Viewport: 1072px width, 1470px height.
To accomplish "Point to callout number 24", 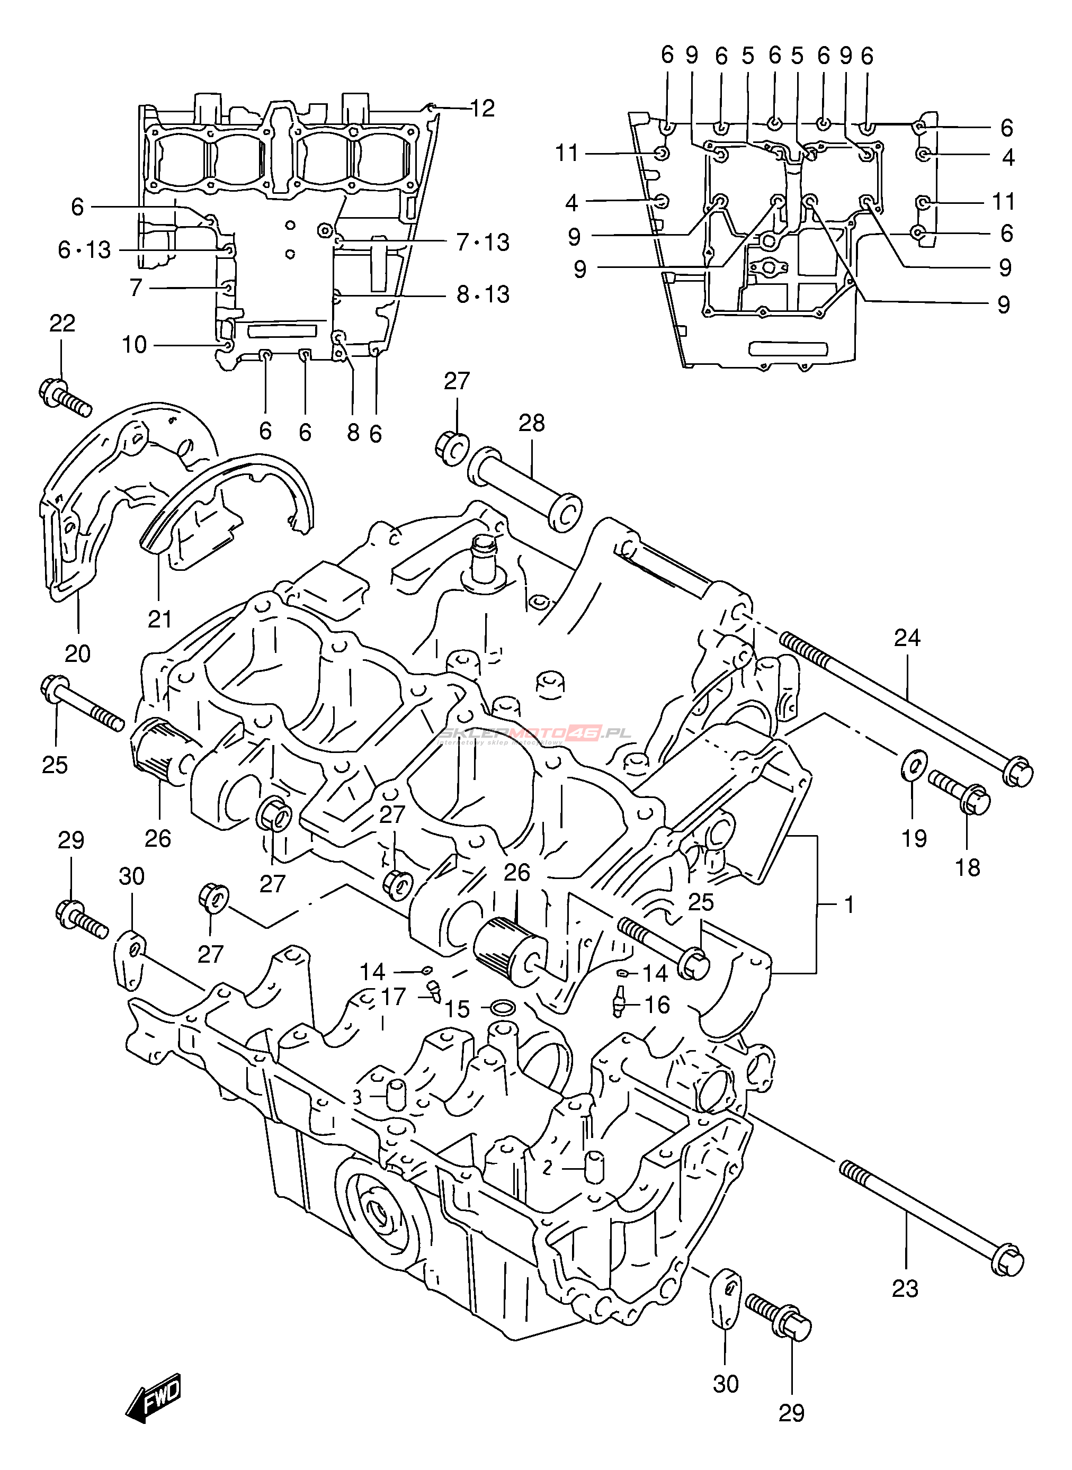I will [x=907, y=638].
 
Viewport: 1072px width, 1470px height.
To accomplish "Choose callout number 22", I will [x=62, y=323].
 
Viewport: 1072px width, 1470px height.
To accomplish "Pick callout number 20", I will [x=77, y=653].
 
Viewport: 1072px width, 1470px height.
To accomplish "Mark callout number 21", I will [x=159, y=619].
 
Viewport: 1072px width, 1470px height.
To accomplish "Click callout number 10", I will [x=135, y=345].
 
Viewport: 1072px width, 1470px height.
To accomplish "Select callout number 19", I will [x=914, y=838].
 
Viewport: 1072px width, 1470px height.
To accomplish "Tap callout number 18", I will [x=967, y=867].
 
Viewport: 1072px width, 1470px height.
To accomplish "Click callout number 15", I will [x=457, y=1009].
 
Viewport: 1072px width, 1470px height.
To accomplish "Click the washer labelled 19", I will [x=914, y=766].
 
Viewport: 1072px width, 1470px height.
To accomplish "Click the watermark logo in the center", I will [x=535, y=734].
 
